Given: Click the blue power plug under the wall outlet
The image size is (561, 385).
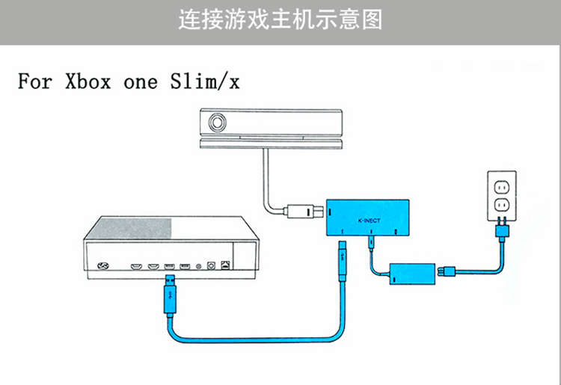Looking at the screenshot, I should [502, 236].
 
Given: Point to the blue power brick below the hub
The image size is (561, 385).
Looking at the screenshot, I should [408, 272].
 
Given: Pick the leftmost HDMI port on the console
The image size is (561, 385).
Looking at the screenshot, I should [137, 265].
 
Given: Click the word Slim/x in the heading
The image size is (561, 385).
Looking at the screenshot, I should [205, 81].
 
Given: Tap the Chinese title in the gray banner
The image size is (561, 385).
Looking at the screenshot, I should [280, 20].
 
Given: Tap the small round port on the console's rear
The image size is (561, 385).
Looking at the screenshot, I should [198, 265].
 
